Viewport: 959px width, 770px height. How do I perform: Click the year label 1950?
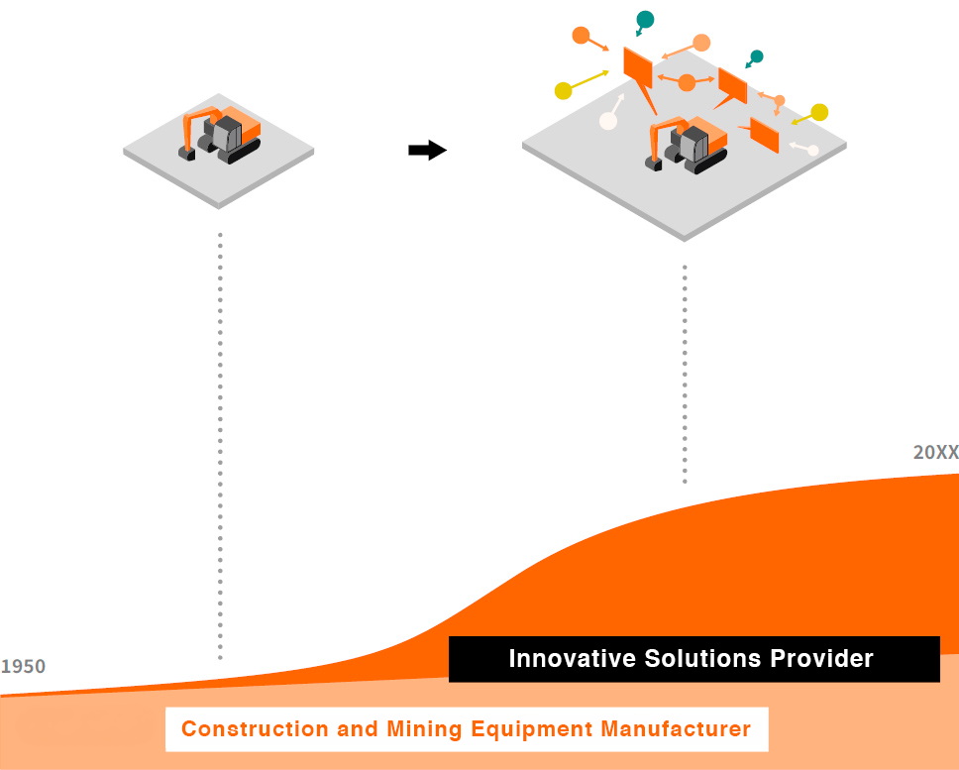23,667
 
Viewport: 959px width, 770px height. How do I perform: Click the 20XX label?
935,452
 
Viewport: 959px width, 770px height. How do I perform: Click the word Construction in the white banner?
241,730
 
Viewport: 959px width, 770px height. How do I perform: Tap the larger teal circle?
645,19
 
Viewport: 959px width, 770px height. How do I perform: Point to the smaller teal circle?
757,56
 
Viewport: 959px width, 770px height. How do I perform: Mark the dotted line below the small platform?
220,446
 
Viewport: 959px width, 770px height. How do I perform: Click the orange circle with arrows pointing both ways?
686,83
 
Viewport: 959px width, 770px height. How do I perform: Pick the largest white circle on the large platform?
608,121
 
